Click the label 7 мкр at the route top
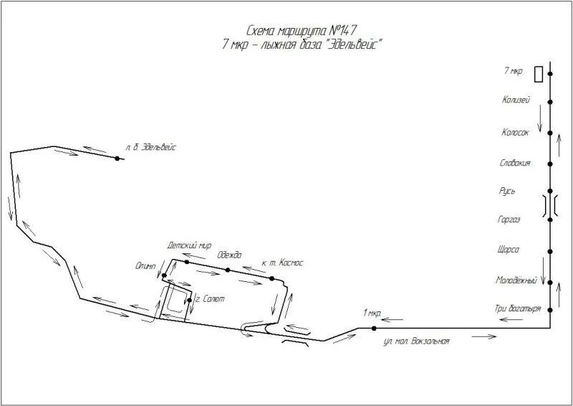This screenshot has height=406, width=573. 514,71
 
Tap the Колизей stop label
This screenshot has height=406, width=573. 516,100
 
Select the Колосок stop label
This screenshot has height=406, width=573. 515,132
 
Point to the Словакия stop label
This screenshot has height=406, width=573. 515,163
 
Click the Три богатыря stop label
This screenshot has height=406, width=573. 513,309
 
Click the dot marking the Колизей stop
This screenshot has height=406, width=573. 550,102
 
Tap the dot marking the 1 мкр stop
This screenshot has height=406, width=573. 374,329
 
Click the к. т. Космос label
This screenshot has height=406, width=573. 282,263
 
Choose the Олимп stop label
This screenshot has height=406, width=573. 145,266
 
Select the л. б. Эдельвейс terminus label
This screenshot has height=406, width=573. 150,146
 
